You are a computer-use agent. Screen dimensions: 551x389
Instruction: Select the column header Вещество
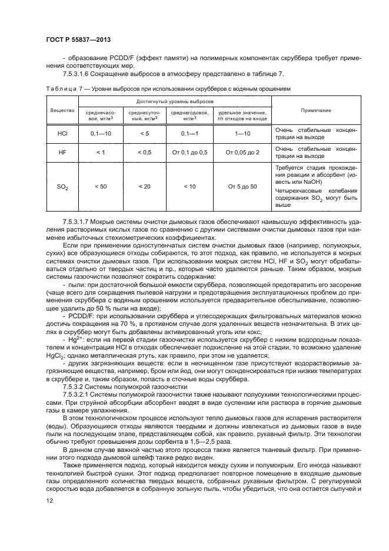[62, 110]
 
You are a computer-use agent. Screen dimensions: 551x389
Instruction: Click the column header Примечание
[315, 110]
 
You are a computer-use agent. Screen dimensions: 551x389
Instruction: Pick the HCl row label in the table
[62, 133]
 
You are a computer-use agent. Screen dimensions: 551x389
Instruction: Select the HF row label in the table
[62, 152]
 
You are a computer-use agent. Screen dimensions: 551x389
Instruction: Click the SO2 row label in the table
[62, 186]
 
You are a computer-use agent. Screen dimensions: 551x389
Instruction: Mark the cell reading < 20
[144, 186]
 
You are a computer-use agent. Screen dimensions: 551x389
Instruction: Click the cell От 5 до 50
[242, 186]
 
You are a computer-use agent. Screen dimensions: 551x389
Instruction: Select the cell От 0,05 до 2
[242, 152]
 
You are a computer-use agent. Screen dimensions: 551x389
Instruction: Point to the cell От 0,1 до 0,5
[189, 152]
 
